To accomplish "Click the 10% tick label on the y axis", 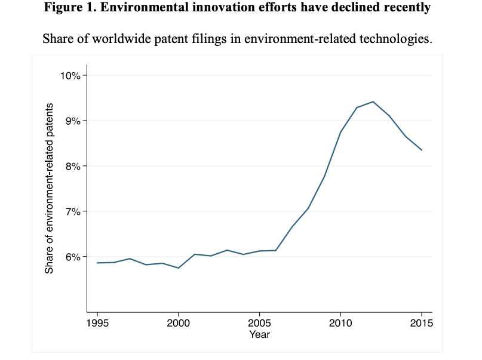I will [73, 75].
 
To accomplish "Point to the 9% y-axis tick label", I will [75, 121].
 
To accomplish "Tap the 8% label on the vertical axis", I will [75, 166].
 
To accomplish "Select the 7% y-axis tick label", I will [75, 211].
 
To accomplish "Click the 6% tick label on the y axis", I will [75, 257].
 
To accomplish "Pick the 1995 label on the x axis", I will [97, 324].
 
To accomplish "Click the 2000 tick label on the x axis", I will [178, 324].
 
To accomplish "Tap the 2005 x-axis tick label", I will [259, 324].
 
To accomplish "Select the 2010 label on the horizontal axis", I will [340, 324].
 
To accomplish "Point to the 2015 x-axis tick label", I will [422, 324].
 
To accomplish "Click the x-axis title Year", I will [259, 335].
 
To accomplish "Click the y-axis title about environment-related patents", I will [50, 188].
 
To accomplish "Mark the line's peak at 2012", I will [373, 101].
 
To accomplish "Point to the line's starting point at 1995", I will [97, 263].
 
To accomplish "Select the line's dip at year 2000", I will [178, 268].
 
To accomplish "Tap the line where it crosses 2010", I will [340, 132].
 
